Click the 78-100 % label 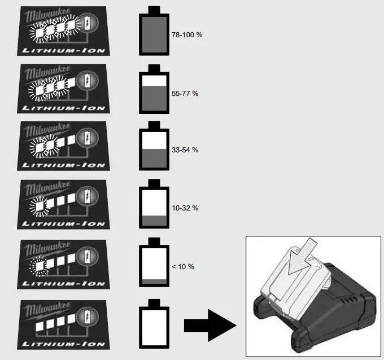click(186, 35)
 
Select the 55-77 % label click(185, 93)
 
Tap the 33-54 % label click(185, 150)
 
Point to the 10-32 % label click(185, 208)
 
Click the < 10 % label click(182, 266)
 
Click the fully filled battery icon click(154, 33)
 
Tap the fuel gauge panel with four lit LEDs click(62, 30)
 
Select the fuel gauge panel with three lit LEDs click(62, 87)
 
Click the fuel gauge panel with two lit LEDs click(62, 145)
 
